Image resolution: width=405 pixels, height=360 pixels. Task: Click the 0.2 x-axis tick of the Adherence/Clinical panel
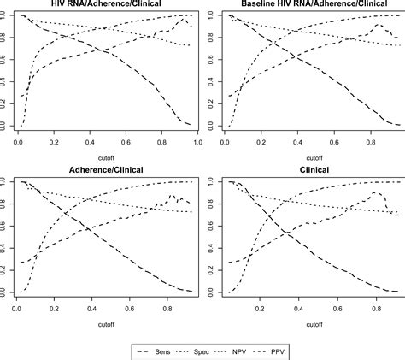[x=53, y=306]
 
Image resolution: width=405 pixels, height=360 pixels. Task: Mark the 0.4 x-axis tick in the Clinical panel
[x=299, y=306]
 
